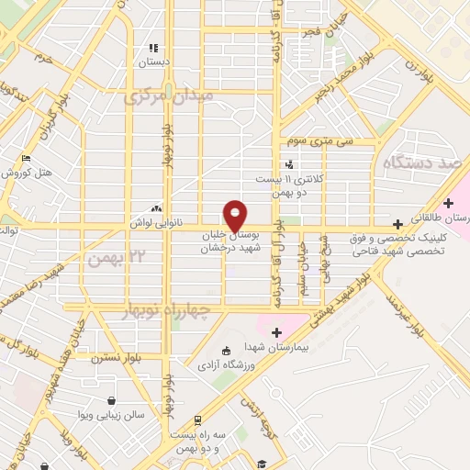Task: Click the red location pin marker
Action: click(x=236, y=215)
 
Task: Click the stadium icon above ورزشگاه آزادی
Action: click(x=226, y=350)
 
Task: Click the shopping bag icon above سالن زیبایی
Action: click(x=112, y=400)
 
